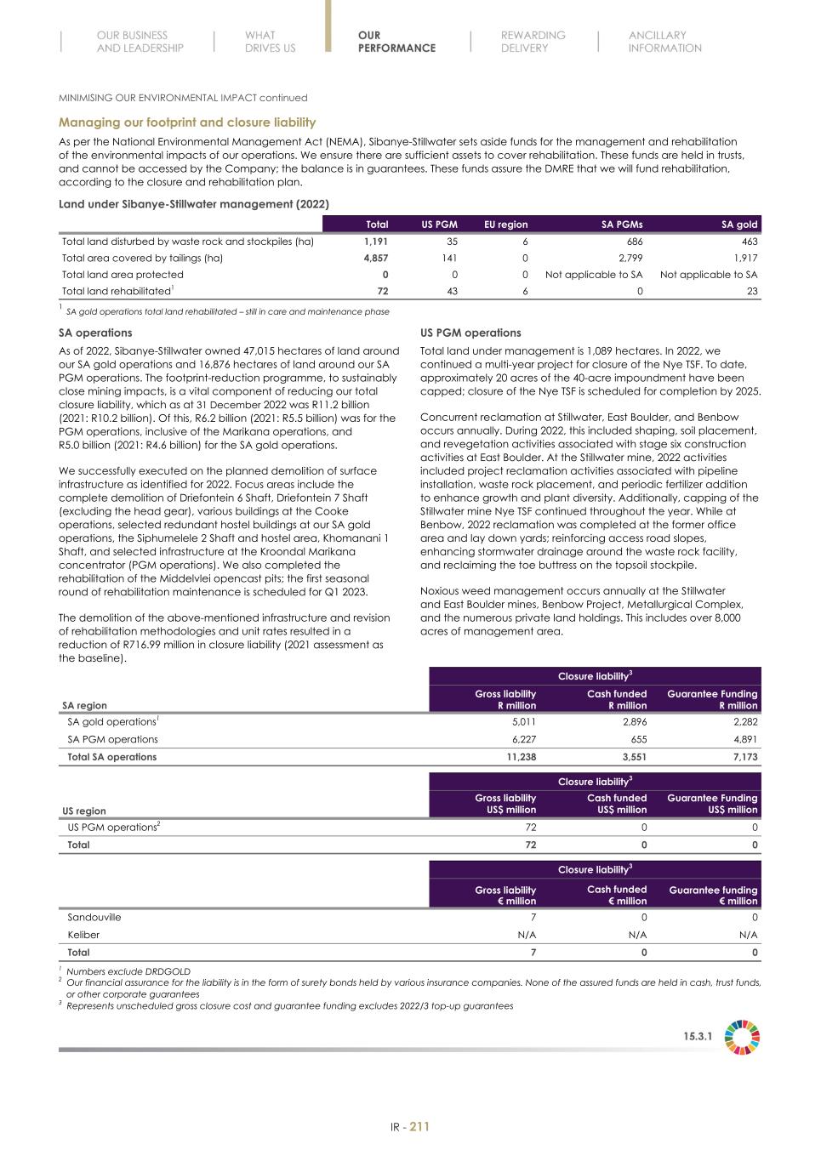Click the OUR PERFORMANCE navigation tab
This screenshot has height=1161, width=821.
click(396, 42)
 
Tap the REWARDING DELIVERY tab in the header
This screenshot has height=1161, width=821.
click(533, 42)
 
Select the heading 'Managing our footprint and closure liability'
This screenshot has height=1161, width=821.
click(187, 122)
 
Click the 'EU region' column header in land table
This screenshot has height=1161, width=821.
click(505, 225)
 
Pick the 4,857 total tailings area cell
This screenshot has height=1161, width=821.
click(375, 258)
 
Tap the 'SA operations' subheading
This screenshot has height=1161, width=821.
click(95, 333)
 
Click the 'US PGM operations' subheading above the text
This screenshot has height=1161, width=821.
click(470, 333)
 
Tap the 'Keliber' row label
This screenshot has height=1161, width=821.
click(83, 934)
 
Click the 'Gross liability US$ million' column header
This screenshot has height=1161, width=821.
click(505, 804)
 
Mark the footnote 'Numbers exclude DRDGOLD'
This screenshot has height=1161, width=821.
click(128, 971)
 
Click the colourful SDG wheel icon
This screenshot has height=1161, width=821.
click(742, 1037)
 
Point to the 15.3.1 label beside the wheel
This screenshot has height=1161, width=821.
click(698, 1037)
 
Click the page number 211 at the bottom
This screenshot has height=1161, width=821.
click(419, 1127)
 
